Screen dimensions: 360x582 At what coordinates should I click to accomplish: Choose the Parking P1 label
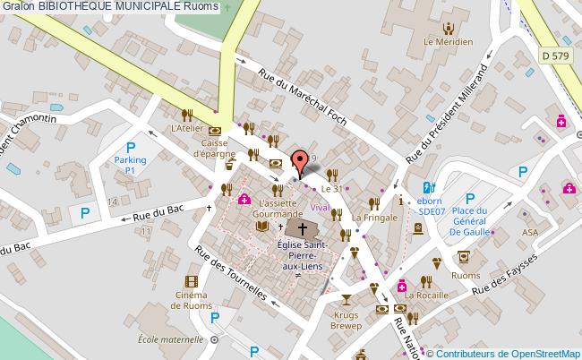129,163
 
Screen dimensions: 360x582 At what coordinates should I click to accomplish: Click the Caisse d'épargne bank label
216,147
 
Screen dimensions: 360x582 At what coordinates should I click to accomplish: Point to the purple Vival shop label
320,207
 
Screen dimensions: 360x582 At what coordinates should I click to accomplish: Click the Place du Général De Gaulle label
467,216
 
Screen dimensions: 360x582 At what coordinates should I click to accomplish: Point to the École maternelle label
172,339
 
